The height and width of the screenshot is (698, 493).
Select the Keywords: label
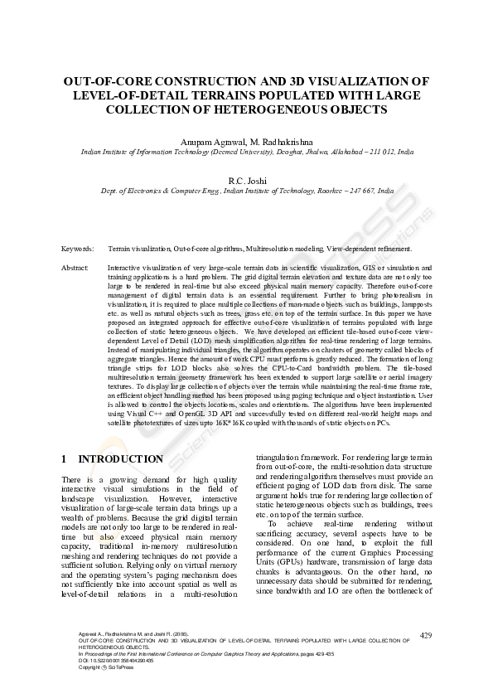tap(78, 248)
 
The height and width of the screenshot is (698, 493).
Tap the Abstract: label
tap(75, 269)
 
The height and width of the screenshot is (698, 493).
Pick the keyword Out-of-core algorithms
tap(205, 248)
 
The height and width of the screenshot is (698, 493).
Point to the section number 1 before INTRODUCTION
tap(65, 459)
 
